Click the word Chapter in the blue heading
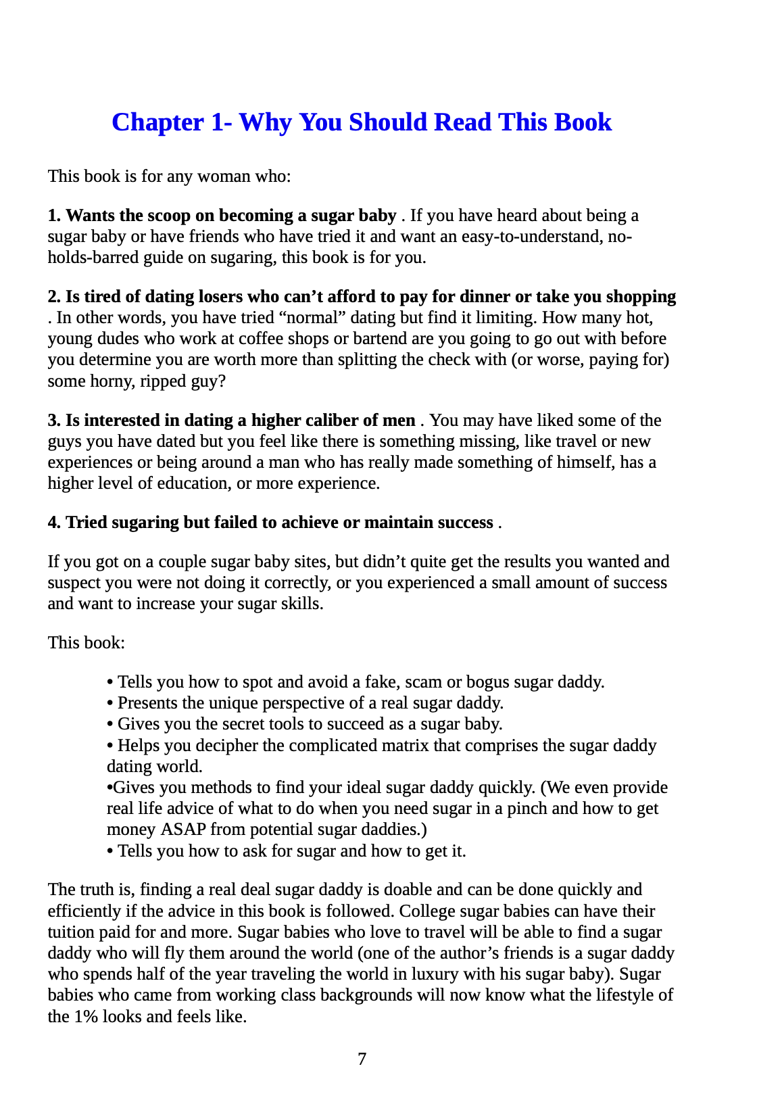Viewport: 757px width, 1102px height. click(x=157, y=122)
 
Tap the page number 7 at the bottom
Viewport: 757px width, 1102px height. click(x=362, y=1059)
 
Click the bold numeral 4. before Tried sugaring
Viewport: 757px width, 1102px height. click(x=54, y=523)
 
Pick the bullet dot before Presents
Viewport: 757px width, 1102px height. click(x=110, y=704)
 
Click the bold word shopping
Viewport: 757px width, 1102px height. click(x=641, y=297)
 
